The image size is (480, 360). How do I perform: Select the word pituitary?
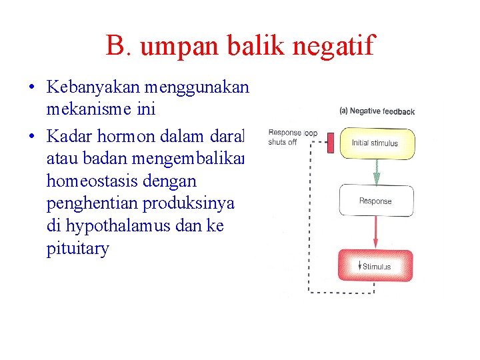point(77,250)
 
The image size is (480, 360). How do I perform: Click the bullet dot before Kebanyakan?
point(32,87)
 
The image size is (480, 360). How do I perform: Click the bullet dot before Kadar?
point(32,137)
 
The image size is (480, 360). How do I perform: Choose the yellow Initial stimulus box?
point(376,143)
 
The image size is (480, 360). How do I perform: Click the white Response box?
point(376,201)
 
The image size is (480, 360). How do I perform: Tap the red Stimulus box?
point(376,266)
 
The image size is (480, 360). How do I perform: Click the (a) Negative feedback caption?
point(377,111)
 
